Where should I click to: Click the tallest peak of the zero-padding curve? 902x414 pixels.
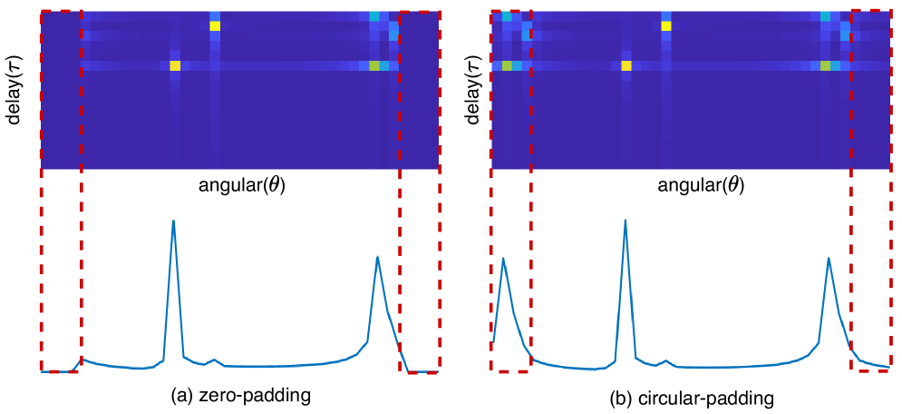pos(173,221)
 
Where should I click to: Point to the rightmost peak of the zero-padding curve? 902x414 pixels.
pos(377,257)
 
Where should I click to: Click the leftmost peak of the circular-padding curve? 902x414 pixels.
pos(503,259)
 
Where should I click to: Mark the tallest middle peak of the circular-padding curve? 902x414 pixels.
pos(626,221)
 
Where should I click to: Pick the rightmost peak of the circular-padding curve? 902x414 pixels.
pos(829,259)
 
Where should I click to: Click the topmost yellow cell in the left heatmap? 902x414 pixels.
pos(215,25)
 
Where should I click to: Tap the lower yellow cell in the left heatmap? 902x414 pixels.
pos(175,65)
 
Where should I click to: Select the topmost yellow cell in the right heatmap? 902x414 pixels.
pos(666,25)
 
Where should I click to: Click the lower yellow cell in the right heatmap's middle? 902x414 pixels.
pos(626,65)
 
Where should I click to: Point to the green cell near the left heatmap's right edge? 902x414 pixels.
pos(374,65)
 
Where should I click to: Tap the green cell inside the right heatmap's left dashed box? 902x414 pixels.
pos(507,65)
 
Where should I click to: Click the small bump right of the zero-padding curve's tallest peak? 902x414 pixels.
pos(213,360)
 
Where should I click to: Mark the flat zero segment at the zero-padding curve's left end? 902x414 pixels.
pos(59,370)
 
